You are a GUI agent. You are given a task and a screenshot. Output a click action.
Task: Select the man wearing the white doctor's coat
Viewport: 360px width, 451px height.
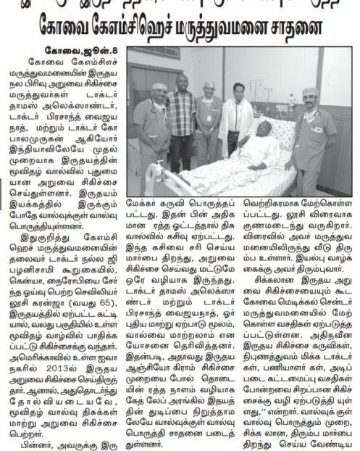click(x=248, y=109)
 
